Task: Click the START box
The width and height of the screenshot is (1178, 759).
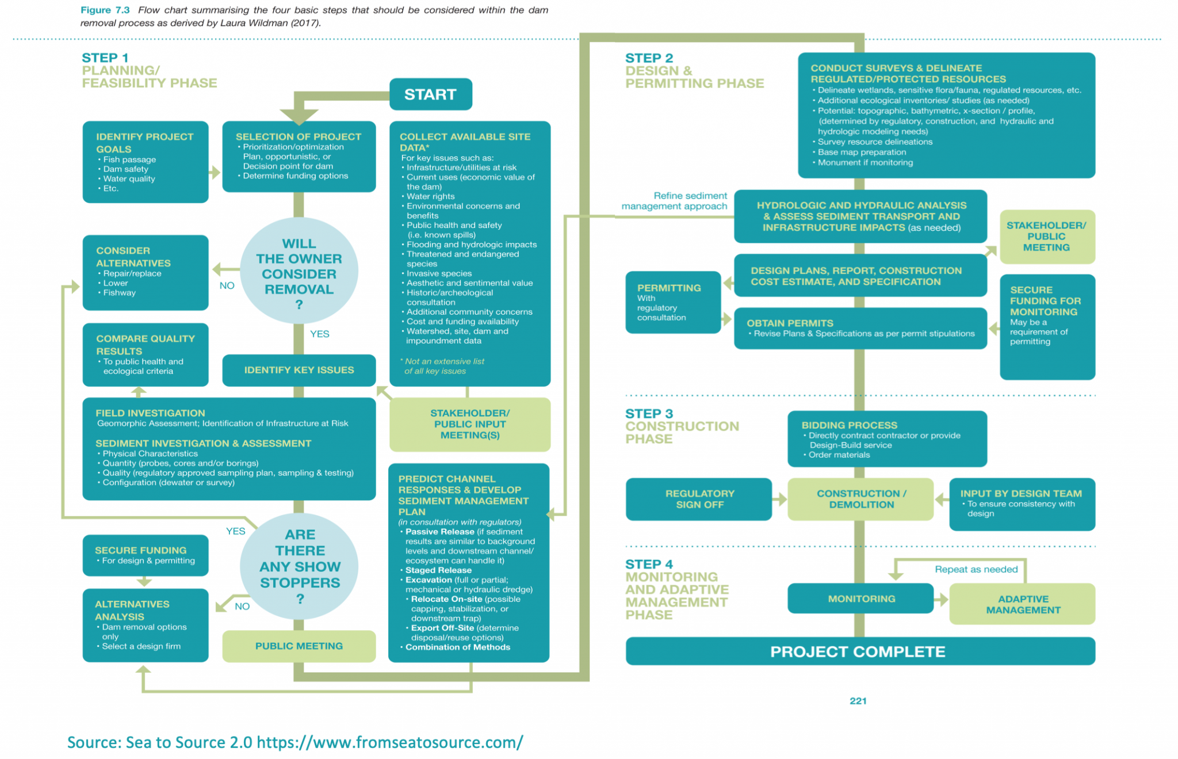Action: click(x=430, y=94)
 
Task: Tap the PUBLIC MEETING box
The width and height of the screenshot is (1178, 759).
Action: click(x=299, y=646)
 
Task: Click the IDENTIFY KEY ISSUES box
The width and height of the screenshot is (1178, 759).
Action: click(x=299, y=370)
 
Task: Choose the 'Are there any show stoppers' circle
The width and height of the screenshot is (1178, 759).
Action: click(x=300, y=566)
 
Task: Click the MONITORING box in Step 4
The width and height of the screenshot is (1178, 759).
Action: click(x=860, y=598)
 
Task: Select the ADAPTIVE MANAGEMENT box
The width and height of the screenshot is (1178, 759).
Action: click(x=1022, y=604)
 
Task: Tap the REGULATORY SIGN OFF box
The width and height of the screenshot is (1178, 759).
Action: click(x=699, y=499)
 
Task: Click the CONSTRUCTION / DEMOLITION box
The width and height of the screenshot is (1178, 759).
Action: click(x=860, y=499)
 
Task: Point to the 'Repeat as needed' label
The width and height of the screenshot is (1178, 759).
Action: click(x=976, y=569)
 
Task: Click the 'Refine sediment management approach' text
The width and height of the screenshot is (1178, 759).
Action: click(x=674, y=201)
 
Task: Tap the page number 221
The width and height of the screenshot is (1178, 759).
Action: click(x=858, y=700)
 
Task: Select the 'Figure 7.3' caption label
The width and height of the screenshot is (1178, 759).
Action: click(x=105, y=10)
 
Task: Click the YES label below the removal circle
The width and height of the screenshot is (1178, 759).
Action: click(x=319, y=334)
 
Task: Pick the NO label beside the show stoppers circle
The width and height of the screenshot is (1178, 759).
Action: click(x=242, y=606)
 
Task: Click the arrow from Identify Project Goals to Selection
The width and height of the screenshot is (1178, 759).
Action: click(x=215, y=172)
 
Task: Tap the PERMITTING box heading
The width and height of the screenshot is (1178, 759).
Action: click(x=668, y=288)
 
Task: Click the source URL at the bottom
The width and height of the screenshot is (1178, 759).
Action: click(x=389, y=742)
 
